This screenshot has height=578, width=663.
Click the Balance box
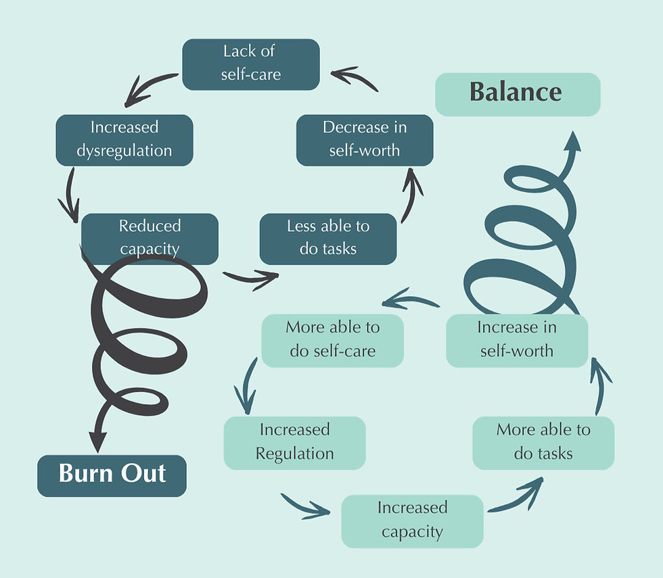tap(518, 94)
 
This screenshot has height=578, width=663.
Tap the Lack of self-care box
tap(250, 64)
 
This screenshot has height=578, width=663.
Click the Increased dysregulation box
tap(124, 139)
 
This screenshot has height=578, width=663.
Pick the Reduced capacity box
tap(150, 237)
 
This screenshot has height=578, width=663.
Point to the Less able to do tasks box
tap(328, 238)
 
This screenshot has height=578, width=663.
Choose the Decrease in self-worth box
tap(365, 139)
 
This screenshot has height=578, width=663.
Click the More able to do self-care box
tap(332, 340)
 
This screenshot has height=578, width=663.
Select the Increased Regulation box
tap(294, 442)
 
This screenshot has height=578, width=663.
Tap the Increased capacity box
tap(412, 521)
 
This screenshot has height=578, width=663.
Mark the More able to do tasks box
tap(543, 442)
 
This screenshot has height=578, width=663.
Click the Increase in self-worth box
tap(517, 340)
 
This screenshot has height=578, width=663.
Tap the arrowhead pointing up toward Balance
tap(572, 141)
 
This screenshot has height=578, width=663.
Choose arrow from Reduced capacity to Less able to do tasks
tap(251, 277)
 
